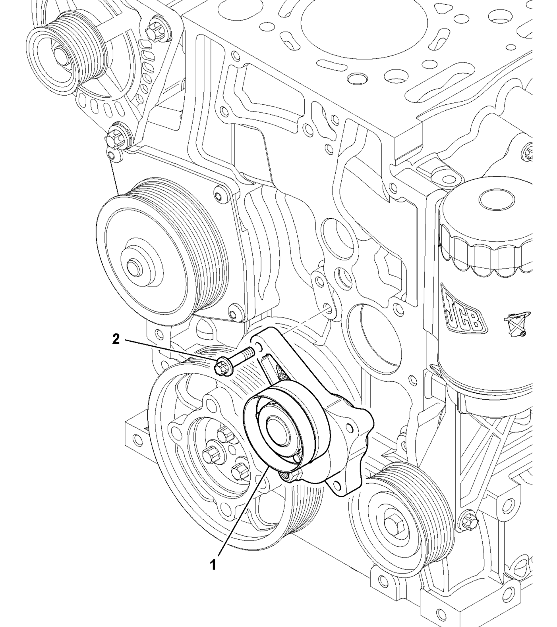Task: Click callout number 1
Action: click(213, 564)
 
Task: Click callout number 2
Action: click(116, 339)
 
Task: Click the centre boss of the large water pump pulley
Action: click(133, 266)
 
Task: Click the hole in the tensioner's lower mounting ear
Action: click(337, 485)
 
